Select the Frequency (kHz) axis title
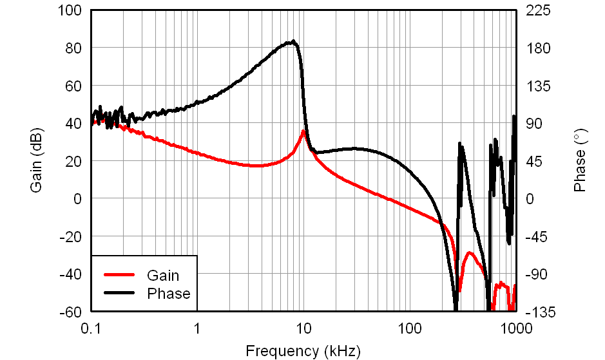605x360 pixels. click(x=303, y=351)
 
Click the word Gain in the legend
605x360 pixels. click(x=163, y=276)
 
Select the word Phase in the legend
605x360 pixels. click(x=169, y=294)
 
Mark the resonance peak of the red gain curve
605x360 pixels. click(x=303, y=131)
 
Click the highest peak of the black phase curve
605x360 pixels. click(x=293, y=42)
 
